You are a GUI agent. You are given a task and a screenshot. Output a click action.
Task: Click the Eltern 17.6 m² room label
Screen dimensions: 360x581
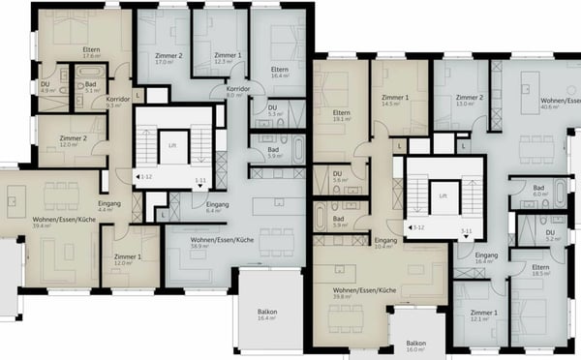pos(92,53)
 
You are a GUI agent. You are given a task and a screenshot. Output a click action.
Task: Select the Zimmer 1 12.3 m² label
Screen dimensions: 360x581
pos(228,58)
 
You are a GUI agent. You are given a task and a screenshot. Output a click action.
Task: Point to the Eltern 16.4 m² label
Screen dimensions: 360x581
pos(281,72)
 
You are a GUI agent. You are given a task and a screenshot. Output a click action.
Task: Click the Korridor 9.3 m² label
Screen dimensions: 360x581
pos(118,102)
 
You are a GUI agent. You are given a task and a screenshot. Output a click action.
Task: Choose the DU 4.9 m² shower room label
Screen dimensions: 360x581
pos(45,87)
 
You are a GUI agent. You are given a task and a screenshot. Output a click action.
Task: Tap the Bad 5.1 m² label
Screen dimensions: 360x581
pos(92,87)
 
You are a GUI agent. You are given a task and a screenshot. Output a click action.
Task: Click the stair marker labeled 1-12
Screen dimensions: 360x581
pos(145,178)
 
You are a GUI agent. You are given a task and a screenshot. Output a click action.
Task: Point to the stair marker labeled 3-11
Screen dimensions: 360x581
pos(465,232)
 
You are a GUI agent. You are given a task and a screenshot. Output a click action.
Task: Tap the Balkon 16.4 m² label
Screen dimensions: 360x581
pos(267,315)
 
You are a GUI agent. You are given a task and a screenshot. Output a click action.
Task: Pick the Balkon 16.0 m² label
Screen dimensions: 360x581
pos(416,346)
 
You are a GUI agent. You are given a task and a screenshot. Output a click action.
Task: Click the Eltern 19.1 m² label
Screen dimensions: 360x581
pos(341,117)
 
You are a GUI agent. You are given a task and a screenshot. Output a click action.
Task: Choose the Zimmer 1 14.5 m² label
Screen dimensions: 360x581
pos(395,102)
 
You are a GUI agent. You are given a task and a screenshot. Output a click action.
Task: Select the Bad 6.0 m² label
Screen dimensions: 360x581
pos(538,192)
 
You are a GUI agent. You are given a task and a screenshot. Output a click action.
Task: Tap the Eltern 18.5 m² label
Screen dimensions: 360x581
pos(538,271)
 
